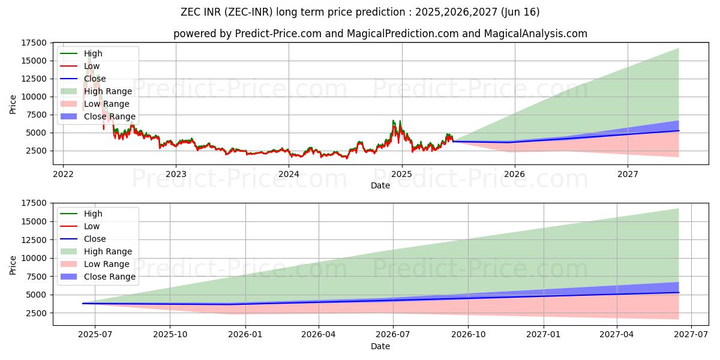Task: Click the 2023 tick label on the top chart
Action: click(176, 174)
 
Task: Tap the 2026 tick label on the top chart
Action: click(514, 174)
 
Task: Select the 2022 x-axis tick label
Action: click(63, 174)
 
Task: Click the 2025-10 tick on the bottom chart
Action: click(170, 335)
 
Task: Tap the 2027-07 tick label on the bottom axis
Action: click(691, 335)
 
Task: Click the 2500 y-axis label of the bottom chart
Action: click(37, 313)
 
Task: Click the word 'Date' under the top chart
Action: click(380, 185)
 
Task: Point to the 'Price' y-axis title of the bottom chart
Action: click(13, 264)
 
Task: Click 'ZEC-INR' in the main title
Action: click(249, 12)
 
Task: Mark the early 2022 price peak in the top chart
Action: click(89, 54)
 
